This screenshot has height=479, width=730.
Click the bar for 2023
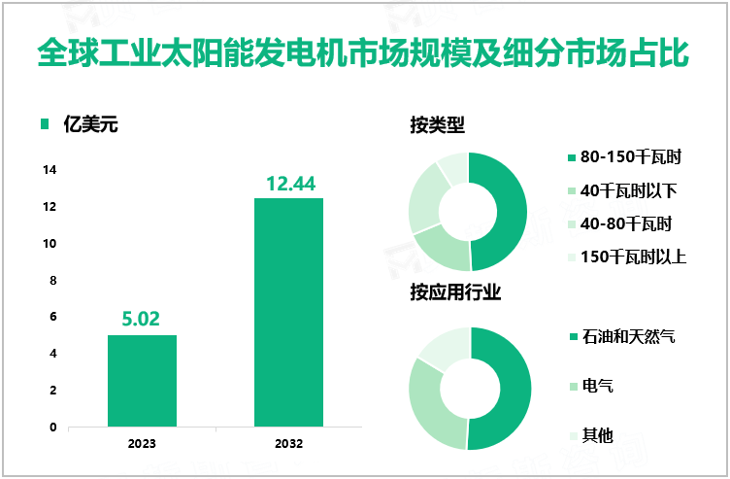(x=142, y=381)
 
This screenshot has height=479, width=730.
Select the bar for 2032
(x=288, y=312)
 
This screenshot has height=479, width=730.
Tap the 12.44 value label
(x=288, y=183)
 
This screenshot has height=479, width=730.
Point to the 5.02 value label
(x=142, y=319)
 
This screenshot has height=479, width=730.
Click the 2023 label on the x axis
(x=142, y=444)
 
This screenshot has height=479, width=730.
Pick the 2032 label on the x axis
(x=288, y=444)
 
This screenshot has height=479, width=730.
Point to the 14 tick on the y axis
(x=50, y=170)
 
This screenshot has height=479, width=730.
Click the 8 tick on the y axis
(x=52, y=280)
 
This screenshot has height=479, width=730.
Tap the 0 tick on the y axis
(x=52, y=427)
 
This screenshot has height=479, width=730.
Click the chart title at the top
(x=364, y=53)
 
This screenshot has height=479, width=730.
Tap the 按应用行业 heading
(x=455, y=292)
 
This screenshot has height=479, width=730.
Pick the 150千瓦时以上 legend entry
(x=633, y=257)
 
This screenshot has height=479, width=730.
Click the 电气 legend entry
(x=597, y=387)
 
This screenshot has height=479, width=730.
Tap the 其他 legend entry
(x=597, y=435)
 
